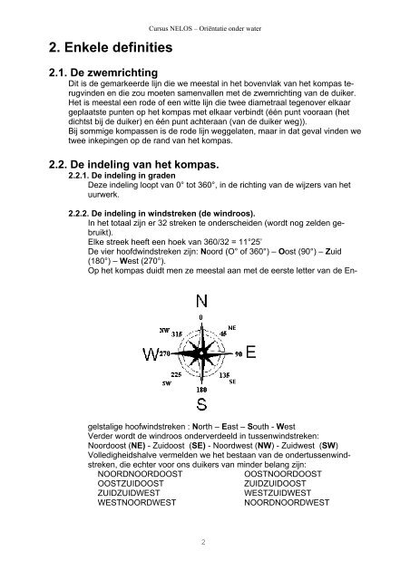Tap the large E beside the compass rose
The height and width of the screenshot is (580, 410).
tap(251, 352)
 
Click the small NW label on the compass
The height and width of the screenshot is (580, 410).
tap(164, 330)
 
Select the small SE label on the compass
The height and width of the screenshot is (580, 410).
tap(232, 382)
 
